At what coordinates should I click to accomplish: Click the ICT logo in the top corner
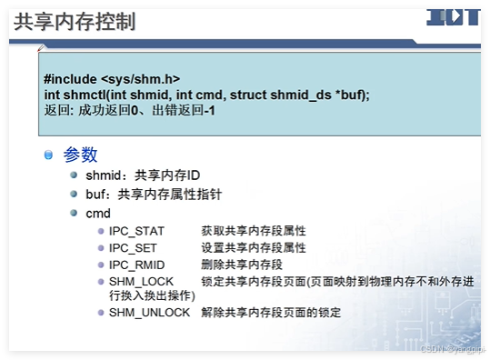tap(453, 17)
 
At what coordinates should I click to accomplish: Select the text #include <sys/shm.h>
tap(112, 79)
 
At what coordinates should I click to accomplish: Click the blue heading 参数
tap(81, 155)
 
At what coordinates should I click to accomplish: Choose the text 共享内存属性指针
tap(170, 194)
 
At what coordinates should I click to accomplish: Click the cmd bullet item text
tap(98, 214)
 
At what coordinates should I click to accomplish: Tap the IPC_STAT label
tap(136, 231)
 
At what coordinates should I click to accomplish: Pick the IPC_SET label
tap(133, 247)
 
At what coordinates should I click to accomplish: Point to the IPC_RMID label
tap(136, 264)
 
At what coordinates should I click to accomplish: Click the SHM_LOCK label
tap(141, 281)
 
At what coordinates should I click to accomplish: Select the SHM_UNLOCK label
tap(149, 312)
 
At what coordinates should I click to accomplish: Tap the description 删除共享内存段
tap(241, 264)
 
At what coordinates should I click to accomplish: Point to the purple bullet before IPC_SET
tap(101, 247)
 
